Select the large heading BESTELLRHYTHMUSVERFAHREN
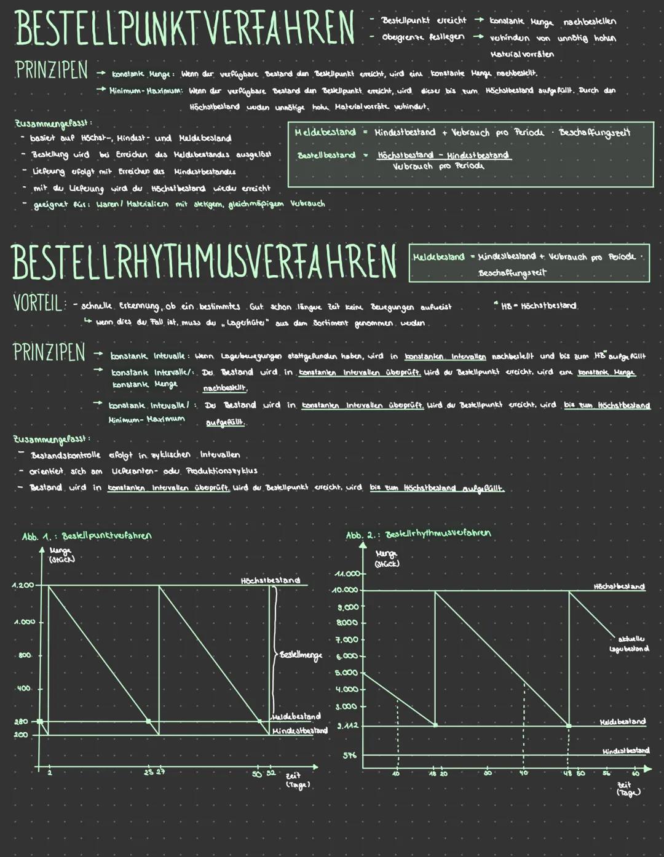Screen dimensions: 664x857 (x=204, y=262)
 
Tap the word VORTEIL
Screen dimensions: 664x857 (x=38, y=304)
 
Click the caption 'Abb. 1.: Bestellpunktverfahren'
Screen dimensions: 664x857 (x=87, y=535)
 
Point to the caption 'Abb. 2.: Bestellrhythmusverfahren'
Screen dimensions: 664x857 (x=418, y=534)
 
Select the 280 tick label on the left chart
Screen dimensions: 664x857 (x=21, y=722)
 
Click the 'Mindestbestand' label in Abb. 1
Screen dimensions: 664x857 (x=299, y=730)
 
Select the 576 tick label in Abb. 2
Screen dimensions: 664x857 (x=349, y=755)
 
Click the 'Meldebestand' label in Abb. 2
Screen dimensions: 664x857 (x=622, y=721)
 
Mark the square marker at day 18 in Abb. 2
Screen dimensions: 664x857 (x=435, y=725)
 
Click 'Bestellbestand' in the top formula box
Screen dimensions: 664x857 (x=326, y=155)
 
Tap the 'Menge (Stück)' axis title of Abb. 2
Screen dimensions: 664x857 (x=387, y=559)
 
